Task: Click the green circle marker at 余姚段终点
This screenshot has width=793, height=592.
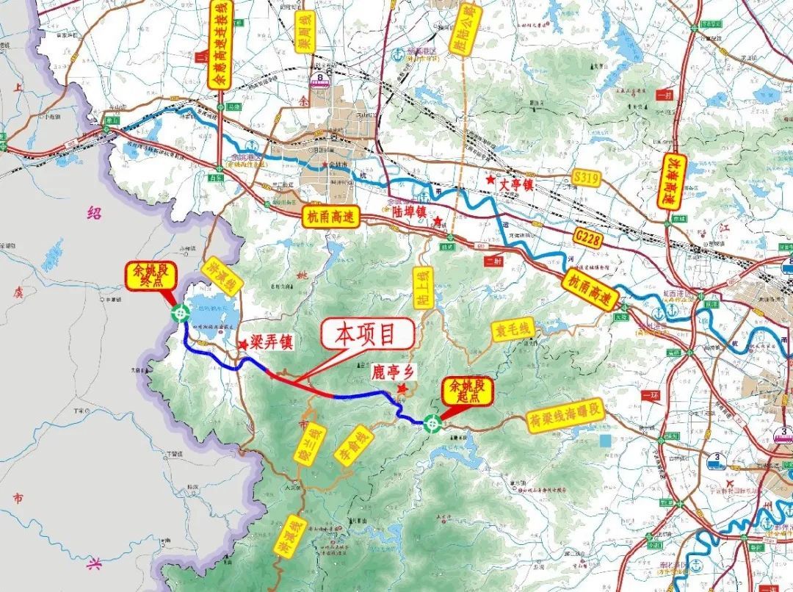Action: click(179, 314)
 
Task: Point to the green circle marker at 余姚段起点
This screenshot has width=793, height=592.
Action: click(432, 422)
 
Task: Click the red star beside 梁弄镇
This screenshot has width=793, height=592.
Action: click(242, 343)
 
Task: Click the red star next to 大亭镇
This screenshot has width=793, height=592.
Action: click(490, 180)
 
